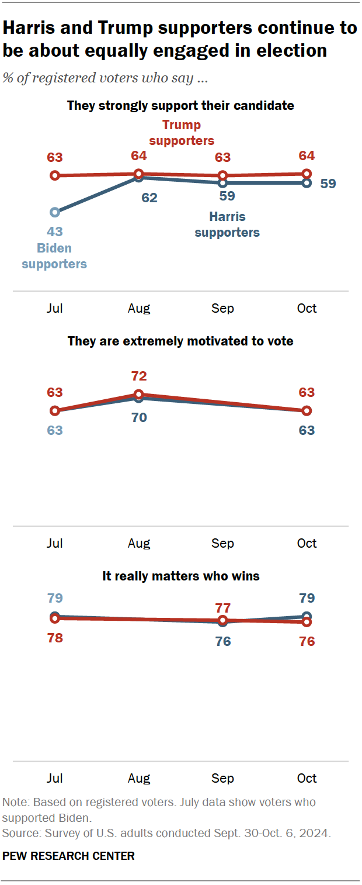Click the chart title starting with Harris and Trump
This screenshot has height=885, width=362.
180,39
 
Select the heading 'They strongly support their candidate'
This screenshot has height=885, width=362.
180,106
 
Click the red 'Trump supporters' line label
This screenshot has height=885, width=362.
182,133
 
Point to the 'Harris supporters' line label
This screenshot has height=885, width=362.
227,224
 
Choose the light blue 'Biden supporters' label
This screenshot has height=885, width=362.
54,256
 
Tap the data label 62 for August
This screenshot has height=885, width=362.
149,198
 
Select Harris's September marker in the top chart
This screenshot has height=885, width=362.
222,183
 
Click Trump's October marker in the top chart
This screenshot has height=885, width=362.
307,173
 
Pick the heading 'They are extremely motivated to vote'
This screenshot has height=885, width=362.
180,341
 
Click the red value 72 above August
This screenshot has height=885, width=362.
139,376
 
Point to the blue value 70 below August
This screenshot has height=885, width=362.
139,417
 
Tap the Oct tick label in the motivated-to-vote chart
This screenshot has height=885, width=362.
307,543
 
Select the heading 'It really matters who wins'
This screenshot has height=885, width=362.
180,576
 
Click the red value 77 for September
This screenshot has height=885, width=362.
222,607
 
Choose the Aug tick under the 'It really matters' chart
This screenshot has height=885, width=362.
139,778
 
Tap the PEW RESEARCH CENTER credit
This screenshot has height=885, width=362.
68,856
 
